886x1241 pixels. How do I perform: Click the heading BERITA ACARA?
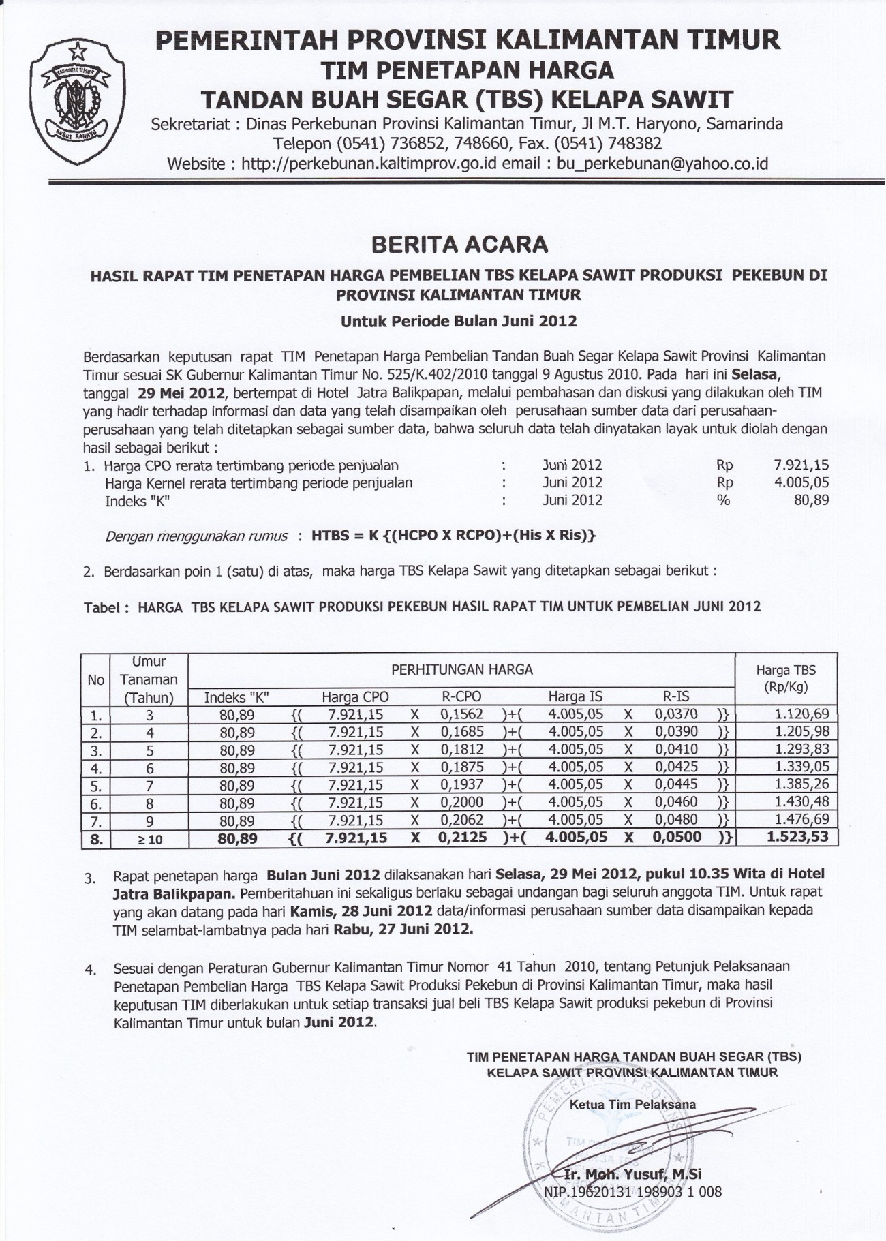[x=458, y=244]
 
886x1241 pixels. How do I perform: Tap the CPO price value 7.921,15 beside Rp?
[x=801, y=465]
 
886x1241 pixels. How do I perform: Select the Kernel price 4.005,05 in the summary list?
[x=801, y=482]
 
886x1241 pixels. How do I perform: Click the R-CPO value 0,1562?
[x=461, y=714]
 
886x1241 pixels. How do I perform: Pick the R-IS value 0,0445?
[x=676, y=785]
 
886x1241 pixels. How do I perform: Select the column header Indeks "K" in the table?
[x=236, y=696]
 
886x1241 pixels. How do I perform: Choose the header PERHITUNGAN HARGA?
[x=461, y=669]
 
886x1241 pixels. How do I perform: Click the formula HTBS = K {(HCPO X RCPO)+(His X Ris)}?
[x=453, y=536]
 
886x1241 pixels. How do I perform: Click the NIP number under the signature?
[x=632, y=1192]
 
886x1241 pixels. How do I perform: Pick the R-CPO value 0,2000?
[x=461, y=803]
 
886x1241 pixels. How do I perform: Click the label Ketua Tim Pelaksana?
[x=632, y=1104]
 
